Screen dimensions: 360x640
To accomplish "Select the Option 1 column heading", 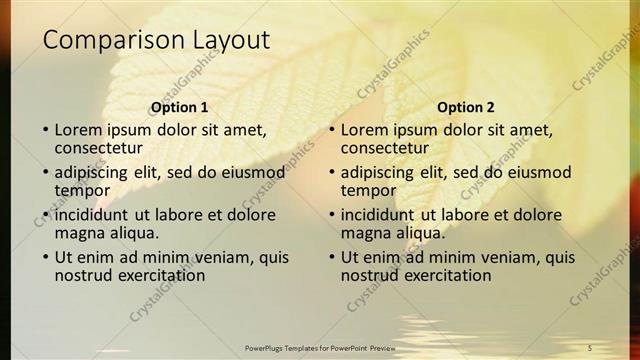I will [180, 107].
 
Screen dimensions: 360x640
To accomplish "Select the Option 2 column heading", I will [466, 107].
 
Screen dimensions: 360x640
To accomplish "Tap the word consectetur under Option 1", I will [97, 147].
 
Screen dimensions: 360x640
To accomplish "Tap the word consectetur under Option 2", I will [383, 147].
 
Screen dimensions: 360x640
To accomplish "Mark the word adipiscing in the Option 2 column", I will [381, 172].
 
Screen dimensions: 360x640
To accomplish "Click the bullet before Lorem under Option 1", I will [45, 130].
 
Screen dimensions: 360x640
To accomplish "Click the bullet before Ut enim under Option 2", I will [331, 257].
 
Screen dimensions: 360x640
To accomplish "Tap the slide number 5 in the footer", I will [590, 347].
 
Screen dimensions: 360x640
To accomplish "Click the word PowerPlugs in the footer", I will [268, 347].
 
